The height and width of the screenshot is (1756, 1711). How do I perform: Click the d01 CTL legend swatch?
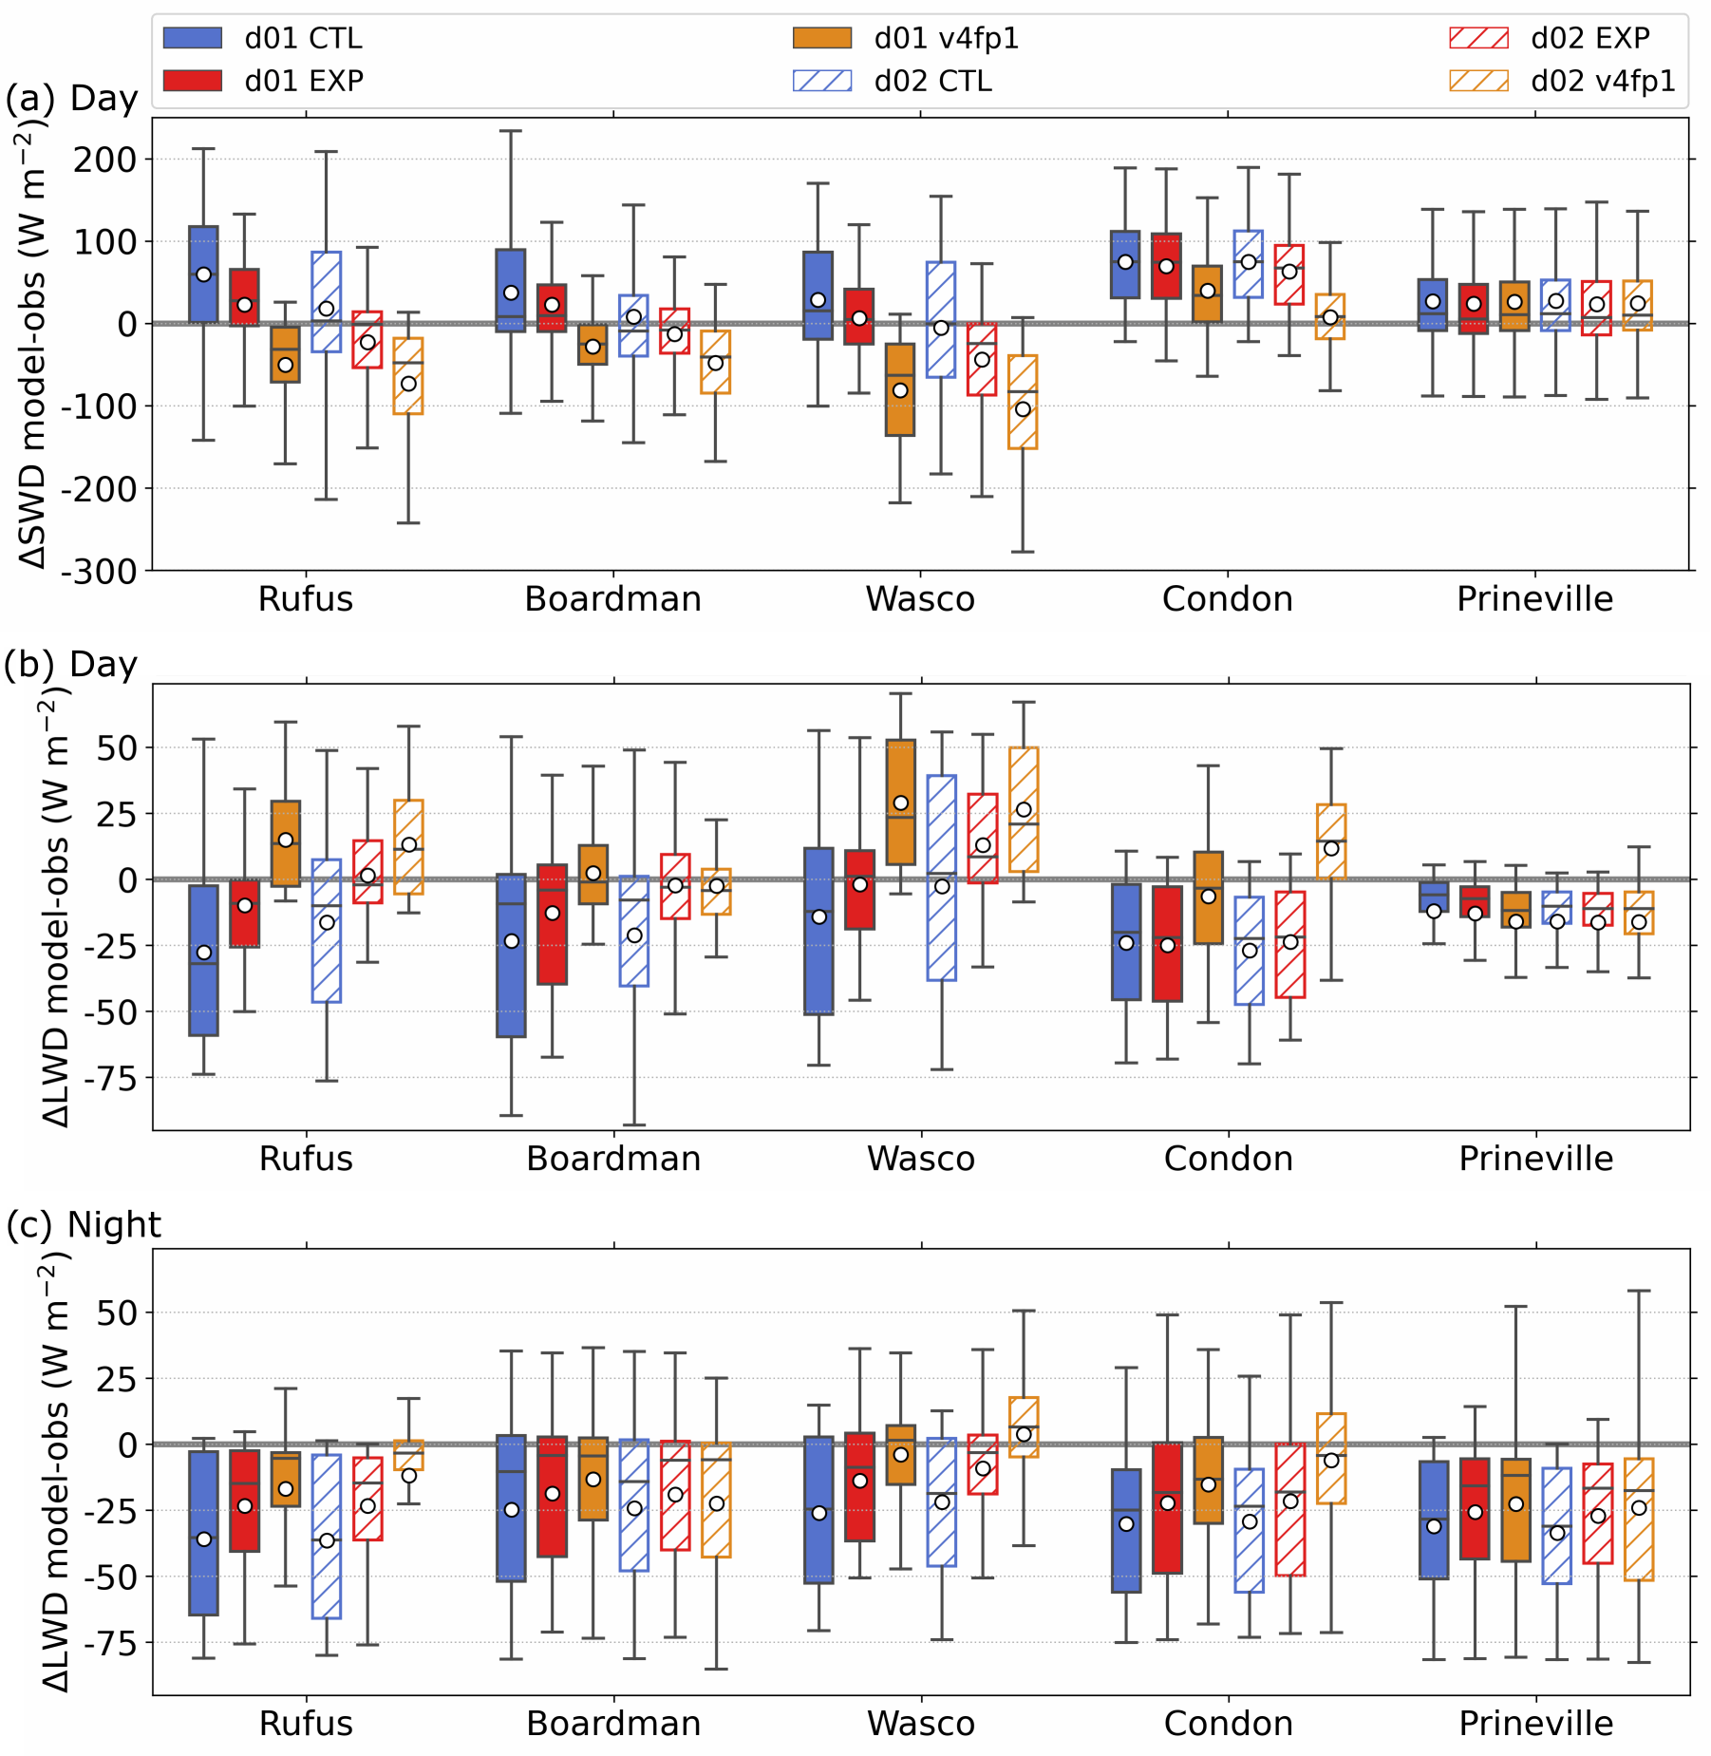(193, 38)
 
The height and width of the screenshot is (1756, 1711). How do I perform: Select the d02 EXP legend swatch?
(1478, 38)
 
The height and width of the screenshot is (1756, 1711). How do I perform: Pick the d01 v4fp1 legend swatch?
(822, 38)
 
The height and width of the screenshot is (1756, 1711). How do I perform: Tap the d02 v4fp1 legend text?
(1603, 81)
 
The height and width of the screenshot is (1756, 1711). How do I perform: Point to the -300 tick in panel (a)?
(111, 571)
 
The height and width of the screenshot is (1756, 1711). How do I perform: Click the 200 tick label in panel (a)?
(104, 160)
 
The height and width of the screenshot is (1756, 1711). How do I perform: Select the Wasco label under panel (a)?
(920, 599)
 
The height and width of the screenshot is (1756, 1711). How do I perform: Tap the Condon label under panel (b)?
(1229, 1159)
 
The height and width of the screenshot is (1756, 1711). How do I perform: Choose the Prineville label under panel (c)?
(1536, 1724)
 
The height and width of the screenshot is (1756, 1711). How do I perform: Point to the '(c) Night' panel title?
(84, 1225)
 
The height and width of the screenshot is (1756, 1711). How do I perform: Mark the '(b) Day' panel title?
(71, 665)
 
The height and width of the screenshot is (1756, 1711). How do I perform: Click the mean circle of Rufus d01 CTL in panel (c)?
(203, 1539)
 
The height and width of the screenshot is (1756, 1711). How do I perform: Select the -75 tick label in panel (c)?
(117, 1645)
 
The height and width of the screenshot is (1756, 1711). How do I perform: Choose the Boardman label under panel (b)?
(613, 1159)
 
